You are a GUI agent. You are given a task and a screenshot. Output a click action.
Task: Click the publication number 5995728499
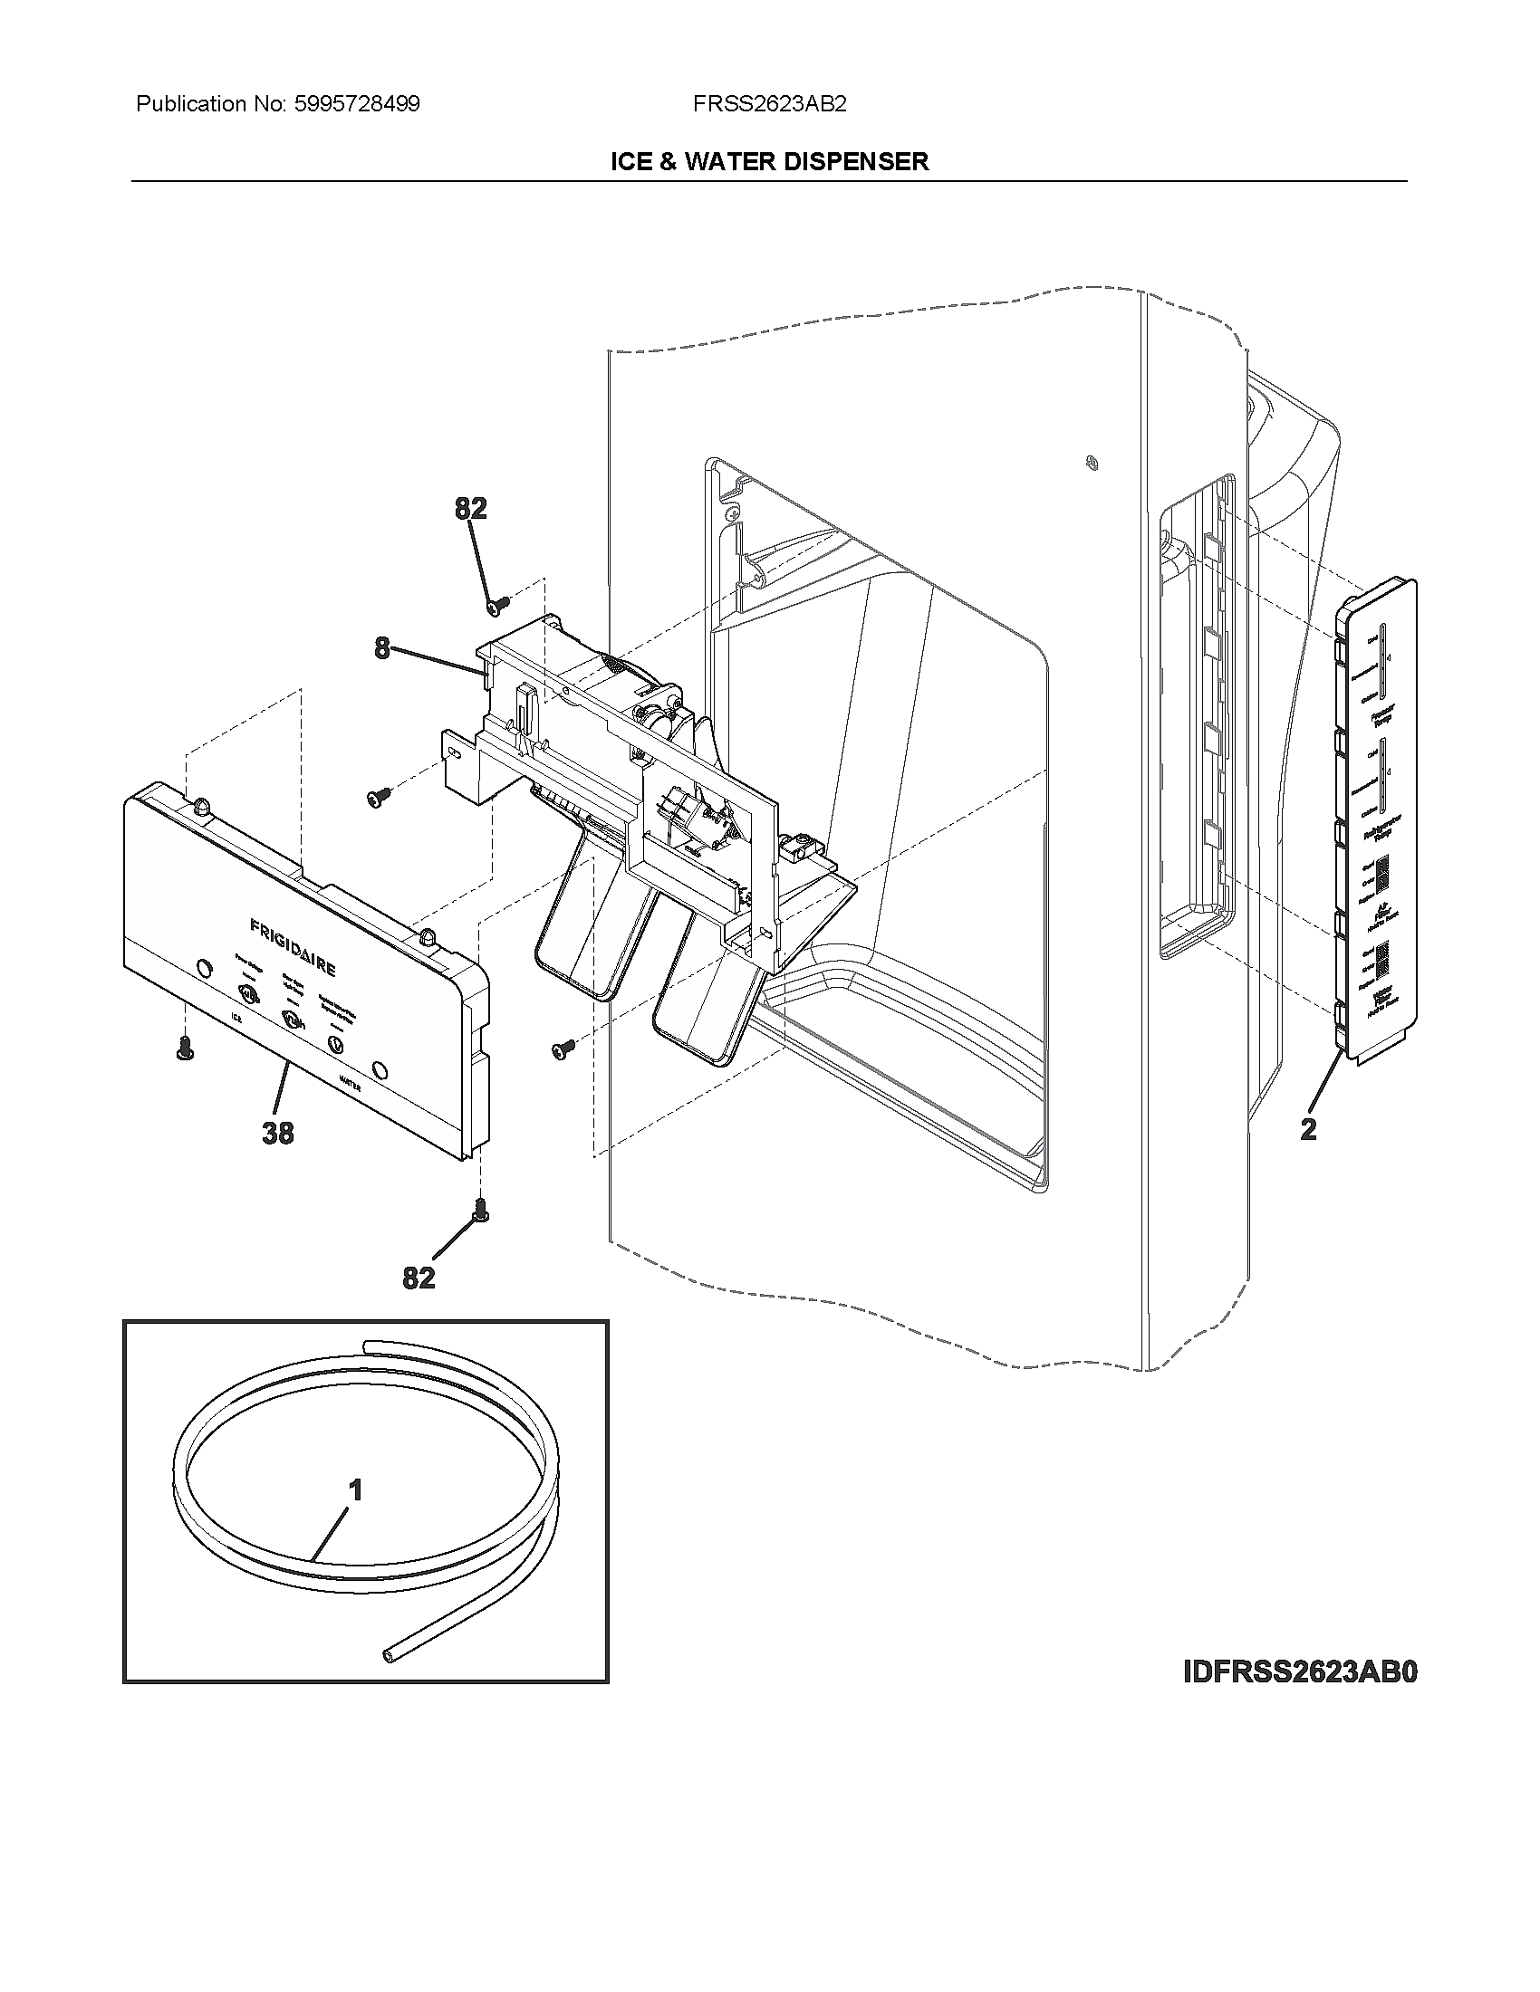click(x=357, y=104)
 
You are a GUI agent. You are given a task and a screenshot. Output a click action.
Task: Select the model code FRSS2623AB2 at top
click(x=769, y=104)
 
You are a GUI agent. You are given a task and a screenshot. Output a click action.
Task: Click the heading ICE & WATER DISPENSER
click(x=769, y=161)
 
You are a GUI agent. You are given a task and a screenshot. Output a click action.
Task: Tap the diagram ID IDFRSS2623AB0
click(x=1300, y=1671)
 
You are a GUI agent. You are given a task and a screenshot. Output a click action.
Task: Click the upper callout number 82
click(x=471, y=509)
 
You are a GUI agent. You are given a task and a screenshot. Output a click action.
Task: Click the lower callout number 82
click(x=419, y=1279)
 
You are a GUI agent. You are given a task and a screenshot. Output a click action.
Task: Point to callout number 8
click(x=381, y=648)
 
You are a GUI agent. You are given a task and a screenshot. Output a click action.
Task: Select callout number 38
click(x=278, y=1133)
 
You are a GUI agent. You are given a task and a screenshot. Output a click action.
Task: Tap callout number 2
click(x=1308, y=1129)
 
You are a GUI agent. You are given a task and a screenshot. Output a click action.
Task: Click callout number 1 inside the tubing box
click(x=356, y=1490)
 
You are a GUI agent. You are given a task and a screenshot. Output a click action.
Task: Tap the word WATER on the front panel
click(x=351, y=1082)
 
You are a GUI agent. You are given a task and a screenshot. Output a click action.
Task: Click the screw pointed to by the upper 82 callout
click(x=498, y=603)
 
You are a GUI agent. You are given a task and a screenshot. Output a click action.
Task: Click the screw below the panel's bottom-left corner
click(x=184, y=1049)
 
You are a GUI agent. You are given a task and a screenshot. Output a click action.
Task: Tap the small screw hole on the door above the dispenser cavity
click(x=1090, y=463)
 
